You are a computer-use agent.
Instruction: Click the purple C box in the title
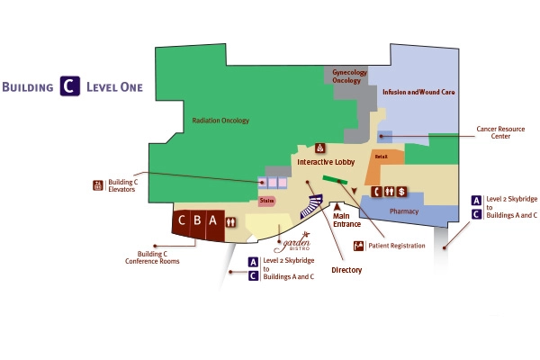pos(68,86)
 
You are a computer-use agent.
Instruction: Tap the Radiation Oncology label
pos(220,120)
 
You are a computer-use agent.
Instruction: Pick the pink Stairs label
pos(266,202)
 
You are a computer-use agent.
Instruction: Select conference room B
pos(196,220)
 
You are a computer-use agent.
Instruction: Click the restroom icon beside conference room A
pos(231,220)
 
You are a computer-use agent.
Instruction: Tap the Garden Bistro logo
pos(296,242)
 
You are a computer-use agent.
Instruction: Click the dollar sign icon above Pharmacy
pos(402,191)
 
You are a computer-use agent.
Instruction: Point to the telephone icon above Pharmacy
pos(378,191)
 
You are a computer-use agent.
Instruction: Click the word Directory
pos(346,269)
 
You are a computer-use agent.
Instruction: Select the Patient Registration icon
pos(358,245)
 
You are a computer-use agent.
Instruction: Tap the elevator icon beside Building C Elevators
pos(98,185)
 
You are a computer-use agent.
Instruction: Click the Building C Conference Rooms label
pos(152,257)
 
